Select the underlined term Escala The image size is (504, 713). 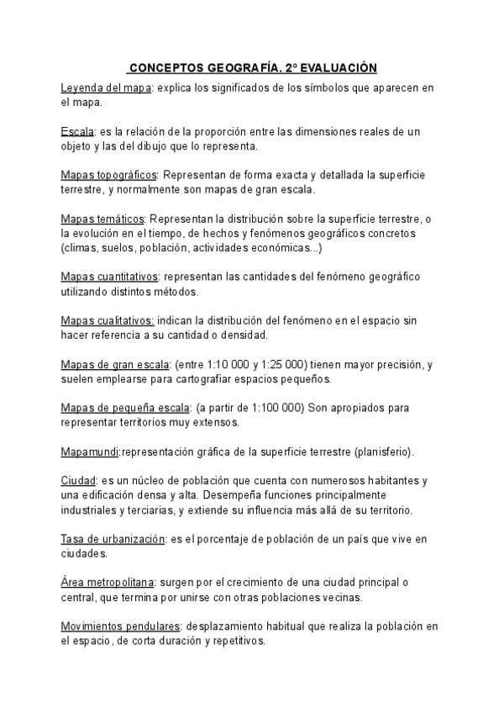click(77, 132)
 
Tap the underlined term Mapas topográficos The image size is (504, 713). click(109, 176)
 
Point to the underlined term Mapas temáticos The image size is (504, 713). click(103, 219)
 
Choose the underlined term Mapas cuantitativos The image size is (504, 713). click(110, 277)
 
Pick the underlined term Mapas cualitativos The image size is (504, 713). click(108, 320)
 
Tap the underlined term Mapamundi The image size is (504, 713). click(91, 452)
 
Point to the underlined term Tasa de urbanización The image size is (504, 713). click(113, 539)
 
